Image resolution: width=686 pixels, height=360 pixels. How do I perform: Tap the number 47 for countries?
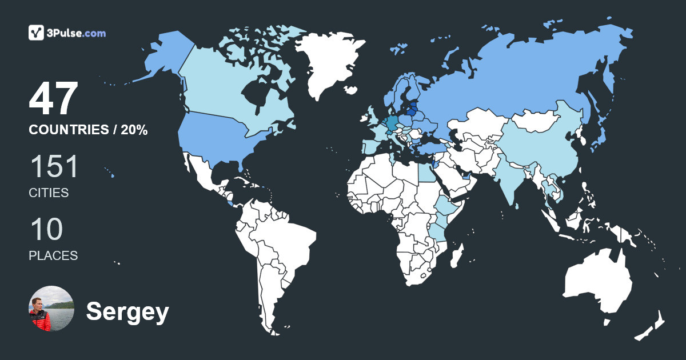[x=53, y=99]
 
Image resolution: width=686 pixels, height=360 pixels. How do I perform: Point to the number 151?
[x=53, y=167]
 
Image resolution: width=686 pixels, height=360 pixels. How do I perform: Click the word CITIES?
[x=49, y=193]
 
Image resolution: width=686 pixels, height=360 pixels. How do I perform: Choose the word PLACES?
[x=53, y=256]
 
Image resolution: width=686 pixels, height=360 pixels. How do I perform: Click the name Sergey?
[x=127, y=312]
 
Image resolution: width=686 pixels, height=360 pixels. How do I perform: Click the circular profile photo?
[x=51, y=309]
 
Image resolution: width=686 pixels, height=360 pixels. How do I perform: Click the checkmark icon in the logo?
[x=37, y=33]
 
